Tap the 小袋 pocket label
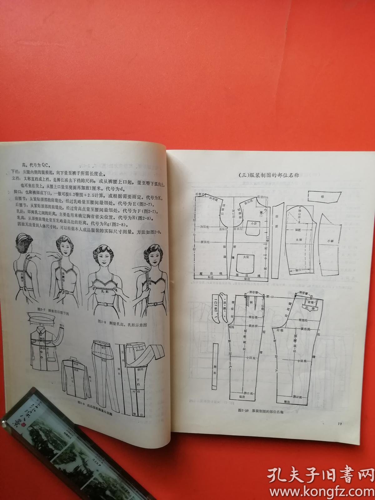[253, 223]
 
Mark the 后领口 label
[200, 194]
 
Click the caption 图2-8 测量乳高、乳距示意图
[122, 325]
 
